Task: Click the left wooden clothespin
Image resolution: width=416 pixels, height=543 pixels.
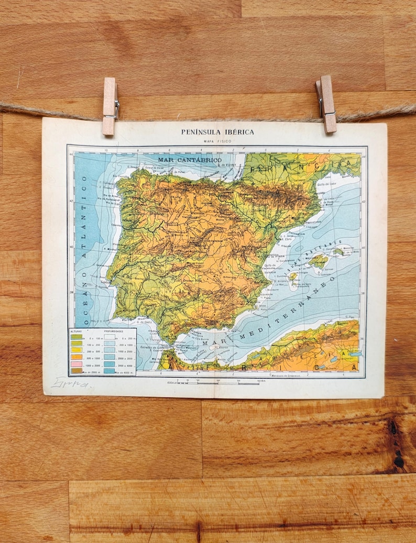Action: [110, 106]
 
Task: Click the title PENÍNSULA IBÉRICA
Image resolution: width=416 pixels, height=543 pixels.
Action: [217, 132]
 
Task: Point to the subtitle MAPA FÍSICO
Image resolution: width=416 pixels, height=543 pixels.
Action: [217, 141]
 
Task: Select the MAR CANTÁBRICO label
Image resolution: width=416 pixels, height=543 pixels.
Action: [190, 159]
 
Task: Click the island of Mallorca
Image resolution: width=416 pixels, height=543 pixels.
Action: [318, 260]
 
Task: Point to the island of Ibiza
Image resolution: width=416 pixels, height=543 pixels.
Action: [292, 276]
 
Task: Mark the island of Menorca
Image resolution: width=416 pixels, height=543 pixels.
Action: [339, 252]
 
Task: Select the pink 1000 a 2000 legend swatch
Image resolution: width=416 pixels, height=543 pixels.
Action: [76, 363]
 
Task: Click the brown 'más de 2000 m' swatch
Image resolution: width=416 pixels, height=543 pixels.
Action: [76, 370]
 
